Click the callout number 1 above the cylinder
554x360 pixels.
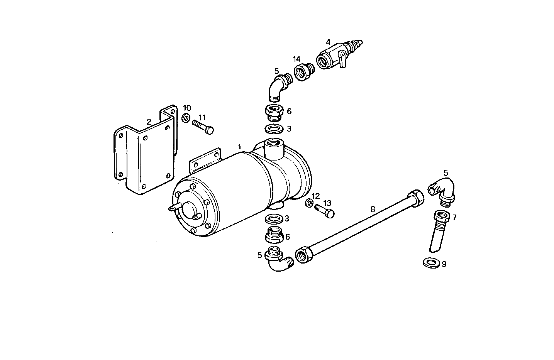click(239, 147)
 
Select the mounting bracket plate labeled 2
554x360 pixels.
click(145, 154)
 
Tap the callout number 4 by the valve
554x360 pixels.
click(328, 42)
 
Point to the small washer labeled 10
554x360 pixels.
click(186, 117)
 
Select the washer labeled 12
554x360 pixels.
click(309, 203)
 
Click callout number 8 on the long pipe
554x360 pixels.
click(373, 210)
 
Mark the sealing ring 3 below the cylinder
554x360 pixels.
click(274, 220)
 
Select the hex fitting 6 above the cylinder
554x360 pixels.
click(274, 112)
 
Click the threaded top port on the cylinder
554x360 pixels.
click(274, 149)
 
